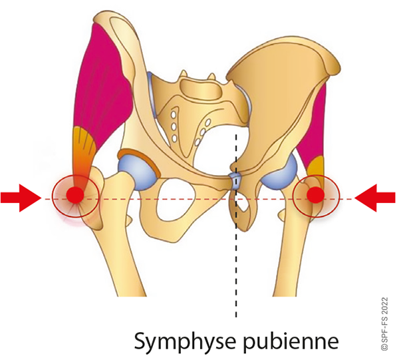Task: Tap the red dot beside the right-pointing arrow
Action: [x=75, y=195]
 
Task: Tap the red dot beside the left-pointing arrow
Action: [x=316, y=195]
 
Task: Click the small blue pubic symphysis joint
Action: [x=235, y=179]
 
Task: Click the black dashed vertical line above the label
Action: [x=236, y=266]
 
